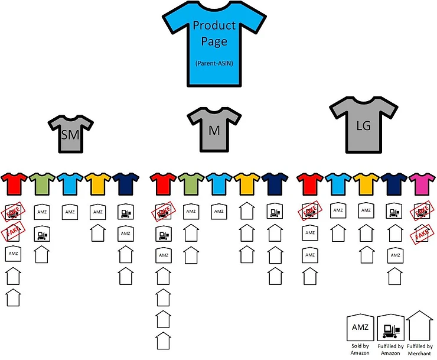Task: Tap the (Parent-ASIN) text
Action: pos(214,63)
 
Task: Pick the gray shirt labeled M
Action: pos(214,127)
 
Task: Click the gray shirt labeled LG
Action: pos(363,126)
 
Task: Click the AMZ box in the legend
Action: pos(359,327)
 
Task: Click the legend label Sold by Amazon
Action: pos(359,349)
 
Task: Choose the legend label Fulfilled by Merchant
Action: pos(420,349)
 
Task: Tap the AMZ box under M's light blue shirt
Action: pos(219,211)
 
